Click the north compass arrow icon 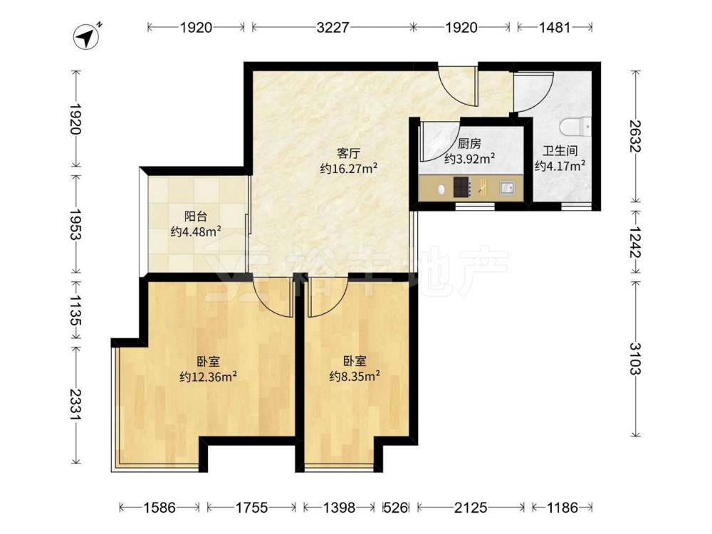click(86, 36)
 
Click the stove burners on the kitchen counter click(463, 187)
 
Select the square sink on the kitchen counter click(507, 187)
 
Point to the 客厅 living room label click(349, 153)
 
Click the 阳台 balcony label click(196, 216)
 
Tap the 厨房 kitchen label click(469, 144)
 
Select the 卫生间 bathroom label click(560, 151)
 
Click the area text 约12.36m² click(209, 377)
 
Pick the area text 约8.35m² click(355, 377)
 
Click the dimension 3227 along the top click(333, 28)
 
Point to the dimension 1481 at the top click(555, 28)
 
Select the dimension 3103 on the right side click(634, 358)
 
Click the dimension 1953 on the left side click(76, 224)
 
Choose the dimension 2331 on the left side click(76, 405)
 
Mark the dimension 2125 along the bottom click(471, 507)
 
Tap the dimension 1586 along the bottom click(159, 507)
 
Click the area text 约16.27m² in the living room click(349, 169)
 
